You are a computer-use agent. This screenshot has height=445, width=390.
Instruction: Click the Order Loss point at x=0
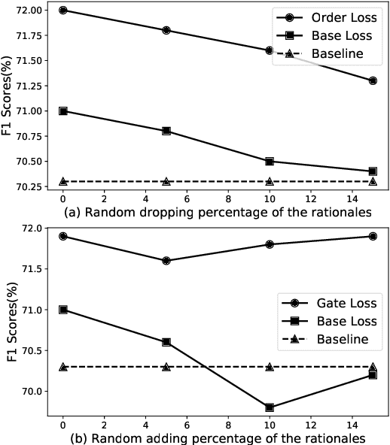tap(63, 11)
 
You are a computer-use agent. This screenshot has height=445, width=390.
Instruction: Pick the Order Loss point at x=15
tap(373, 80)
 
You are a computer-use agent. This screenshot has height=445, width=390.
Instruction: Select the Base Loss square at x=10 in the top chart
tap(270, 161)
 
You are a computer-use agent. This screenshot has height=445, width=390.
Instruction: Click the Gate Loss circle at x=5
tap(166, 261)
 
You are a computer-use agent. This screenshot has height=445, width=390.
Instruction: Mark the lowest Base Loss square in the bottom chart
tap(270, 407)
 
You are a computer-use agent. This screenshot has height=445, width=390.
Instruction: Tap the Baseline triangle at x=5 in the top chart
tap(166, 181)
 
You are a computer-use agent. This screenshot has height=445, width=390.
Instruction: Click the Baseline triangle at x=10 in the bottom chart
tap(270, 367)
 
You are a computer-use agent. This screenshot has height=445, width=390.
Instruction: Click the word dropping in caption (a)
tap(149, 213)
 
